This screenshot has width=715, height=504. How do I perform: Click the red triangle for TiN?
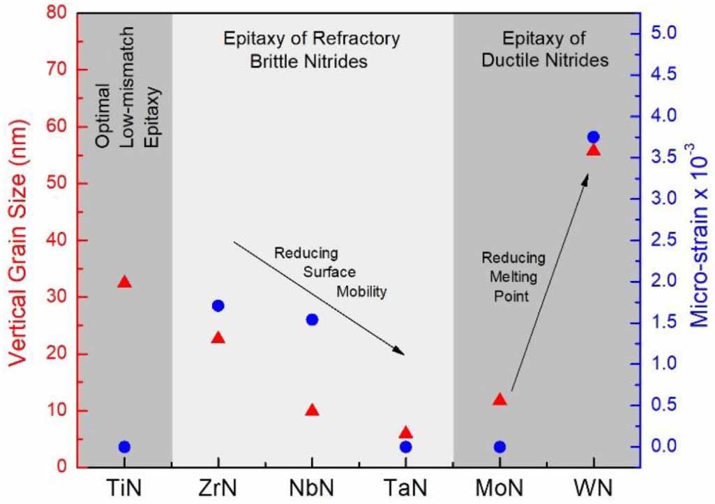(x=124, y=282)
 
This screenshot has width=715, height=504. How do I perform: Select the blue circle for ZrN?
(x=218, y=306)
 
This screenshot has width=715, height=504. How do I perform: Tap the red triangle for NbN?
(x=312, y=410)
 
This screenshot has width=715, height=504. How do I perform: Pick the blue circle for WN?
(x=593, y=137)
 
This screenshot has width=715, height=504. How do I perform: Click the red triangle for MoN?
(x=499, y=399)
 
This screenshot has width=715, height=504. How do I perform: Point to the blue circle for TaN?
(x=406, y=447)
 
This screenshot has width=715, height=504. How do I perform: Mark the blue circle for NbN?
(x=312, y=320)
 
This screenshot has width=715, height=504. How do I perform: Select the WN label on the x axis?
(x=593, y=488)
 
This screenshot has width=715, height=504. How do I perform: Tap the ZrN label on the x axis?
(x=218, y=488)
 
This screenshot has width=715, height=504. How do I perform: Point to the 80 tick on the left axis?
(x=57, y=13)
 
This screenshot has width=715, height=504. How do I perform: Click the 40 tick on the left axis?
(x=57, y=240)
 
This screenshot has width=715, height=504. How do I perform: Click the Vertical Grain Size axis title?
(x=18, y=241)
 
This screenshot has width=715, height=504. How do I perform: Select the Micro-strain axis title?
(x=698, y=236)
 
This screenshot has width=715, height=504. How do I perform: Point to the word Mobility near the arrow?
(x=361, y=291)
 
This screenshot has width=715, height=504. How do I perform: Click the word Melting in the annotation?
(x=513, y=277)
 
